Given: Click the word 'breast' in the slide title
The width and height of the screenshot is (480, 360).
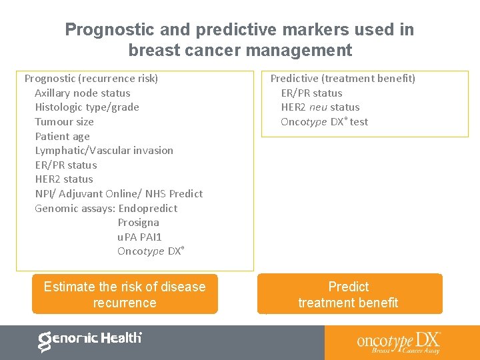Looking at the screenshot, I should click(x=153, y=50).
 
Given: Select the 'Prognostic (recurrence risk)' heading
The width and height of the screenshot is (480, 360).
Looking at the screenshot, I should click(x=91, y=79).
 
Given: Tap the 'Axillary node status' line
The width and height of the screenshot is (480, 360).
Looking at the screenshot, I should click(x=83, y=93).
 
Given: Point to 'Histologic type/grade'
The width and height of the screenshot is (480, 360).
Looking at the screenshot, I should click(x=87, y=107).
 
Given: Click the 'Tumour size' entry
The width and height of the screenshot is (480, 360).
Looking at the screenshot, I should click(x=64, y=122).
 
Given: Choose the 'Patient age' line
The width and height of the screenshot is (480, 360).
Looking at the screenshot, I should click(x=62, y=137).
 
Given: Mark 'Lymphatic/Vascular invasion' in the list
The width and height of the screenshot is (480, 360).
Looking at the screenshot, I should click(x=104, y=151).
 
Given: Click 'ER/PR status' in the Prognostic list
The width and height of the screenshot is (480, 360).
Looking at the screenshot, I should click(x=66, y=165).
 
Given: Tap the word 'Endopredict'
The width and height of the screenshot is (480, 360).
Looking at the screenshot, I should click(x=148, y=209).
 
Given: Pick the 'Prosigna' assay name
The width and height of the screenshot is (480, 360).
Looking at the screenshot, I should click(x=138, y=223).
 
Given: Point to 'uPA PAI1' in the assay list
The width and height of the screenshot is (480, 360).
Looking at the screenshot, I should click(x=139, y=237).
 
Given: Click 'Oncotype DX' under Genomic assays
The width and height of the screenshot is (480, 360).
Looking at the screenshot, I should click(x=150, y=251).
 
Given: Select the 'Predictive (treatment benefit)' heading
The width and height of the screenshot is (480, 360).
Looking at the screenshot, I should click(x=343, y=79).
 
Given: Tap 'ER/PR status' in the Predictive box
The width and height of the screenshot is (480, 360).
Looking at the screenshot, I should click(x=311, y=93).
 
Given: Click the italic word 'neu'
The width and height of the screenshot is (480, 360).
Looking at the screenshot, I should click(x=318, y=107).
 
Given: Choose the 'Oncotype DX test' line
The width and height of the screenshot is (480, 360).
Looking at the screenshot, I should click(x=324, y=122).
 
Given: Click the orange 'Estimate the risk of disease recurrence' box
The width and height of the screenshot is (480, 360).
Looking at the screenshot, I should click(x=125, y=294).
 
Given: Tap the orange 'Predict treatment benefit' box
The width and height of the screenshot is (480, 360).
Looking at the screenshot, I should click(x=349, y=294).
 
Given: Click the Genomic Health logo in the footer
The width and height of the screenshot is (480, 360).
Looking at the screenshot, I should click(x=90, y=340).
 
